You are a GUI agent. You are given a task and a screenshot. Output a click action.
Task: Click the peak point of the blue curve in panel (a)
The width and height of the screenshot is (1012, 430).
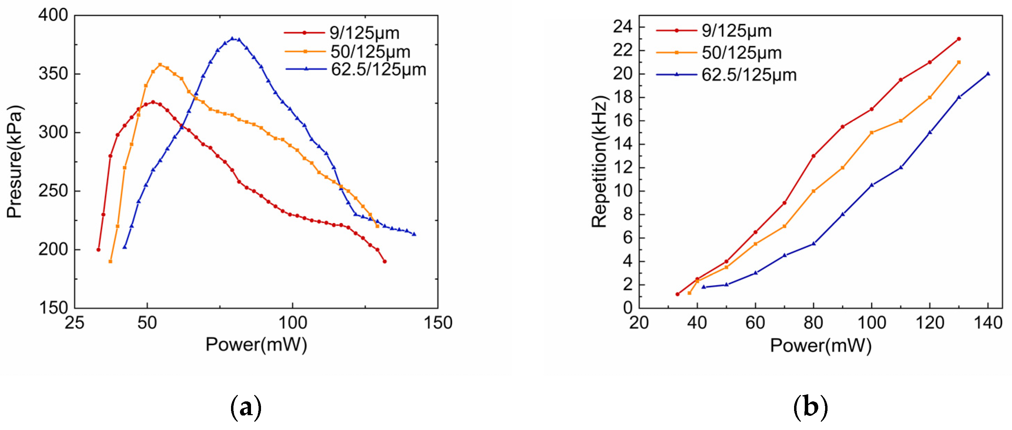tap(232, 39)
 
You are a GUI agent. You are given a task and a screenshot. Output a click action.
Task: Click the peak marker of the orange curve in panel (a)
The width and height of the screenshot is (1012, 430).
tap(160, 64)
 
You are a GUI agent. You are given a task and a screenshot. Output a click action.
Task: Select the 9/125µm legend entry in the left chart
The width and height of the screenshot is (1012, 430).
tap(364, 33)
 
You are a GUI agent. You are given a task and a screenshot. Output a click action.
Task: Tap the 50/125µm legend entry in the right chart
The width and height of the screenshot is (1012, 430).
tap(741, 53)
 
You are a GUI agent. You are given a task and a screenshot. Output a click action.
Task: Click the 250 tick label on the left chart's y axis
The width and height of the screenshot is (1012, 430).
tap(53, 191)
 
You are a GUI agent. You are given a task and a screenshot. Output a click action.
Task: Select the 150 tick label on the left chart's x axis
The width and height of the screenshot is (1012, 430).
tap(438, 323)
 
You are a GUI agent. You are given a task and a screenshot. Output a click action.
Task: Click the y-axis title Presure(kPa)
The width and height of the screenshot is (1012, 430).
tap(15, 161)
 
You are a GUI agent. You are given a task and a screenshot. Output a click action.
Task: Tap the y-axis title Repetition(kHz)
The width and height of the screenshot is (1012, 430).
tap(600, 161)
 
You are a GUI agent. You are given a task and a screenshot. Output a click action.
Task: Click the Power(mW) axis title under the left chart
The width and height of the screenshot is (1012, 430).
tap(256, 345)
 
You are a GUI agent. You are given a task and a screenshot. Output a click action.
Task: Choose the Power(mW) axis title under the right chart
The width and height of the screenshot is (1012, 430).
tap(821, 346)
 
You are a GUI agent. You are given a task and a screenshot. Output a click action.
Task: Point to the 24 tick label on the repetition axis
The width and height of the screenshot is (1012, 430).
tap(623, 27)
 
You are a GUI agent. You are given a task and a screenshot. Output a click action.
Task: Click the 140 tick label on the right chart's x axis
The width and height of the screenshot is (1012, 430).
tap(988, 323)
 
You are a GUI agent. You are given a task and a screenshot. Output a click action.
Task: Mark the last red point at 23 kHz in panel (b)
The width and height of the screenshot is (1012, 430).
tap(959, 39)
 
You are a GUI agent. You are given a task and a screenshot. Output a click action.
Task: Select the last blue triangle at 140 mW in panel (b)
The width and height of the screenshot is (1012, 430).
tap(988, 73)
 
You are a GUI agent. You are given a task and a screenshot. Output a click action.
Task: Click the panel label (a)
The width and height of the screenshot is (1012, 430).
tap(246, 408)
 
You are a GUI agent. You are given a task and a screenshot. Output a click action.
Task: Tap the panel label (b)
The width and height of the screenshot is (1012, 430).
tap(811, 408)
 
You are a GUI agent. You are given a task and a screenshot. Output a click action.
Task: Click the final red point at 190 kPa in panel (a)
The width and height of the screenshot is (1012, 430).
tap(384, 261)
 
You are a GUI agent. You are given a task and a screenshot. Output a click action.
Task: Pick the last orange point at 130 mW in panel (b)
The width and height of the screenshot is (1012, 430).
tap(959, 62)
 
